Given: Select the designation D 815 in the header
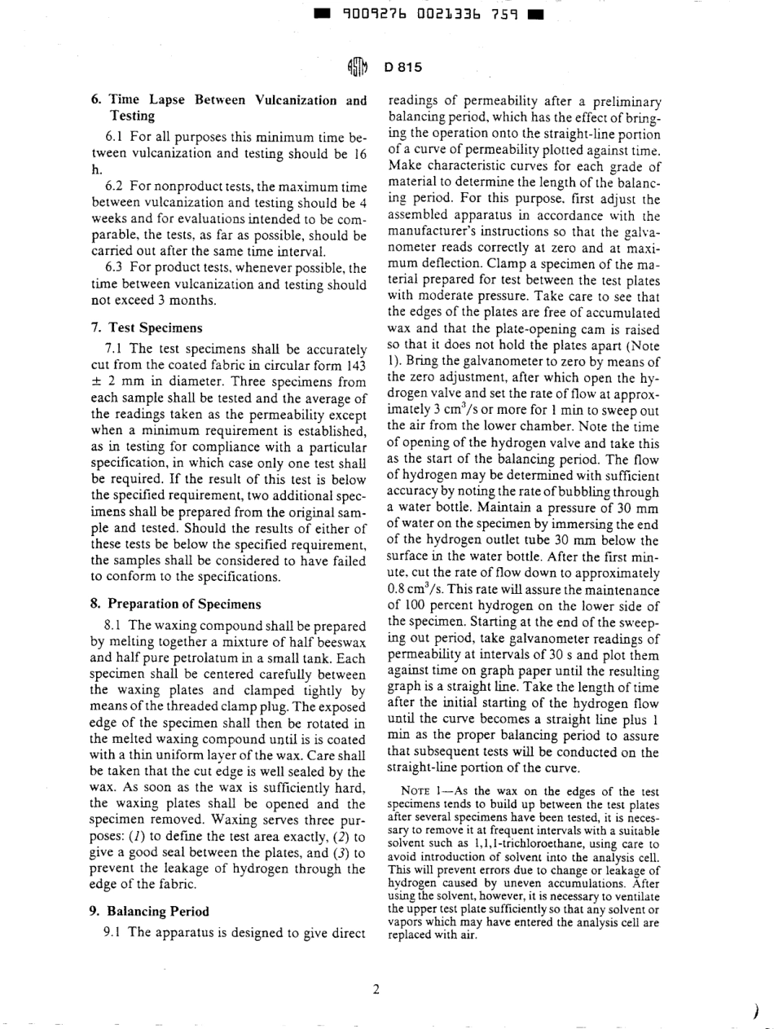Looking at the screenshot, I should (402, 66).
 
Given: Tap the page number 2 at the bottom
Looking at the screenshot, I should (376, 990).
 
